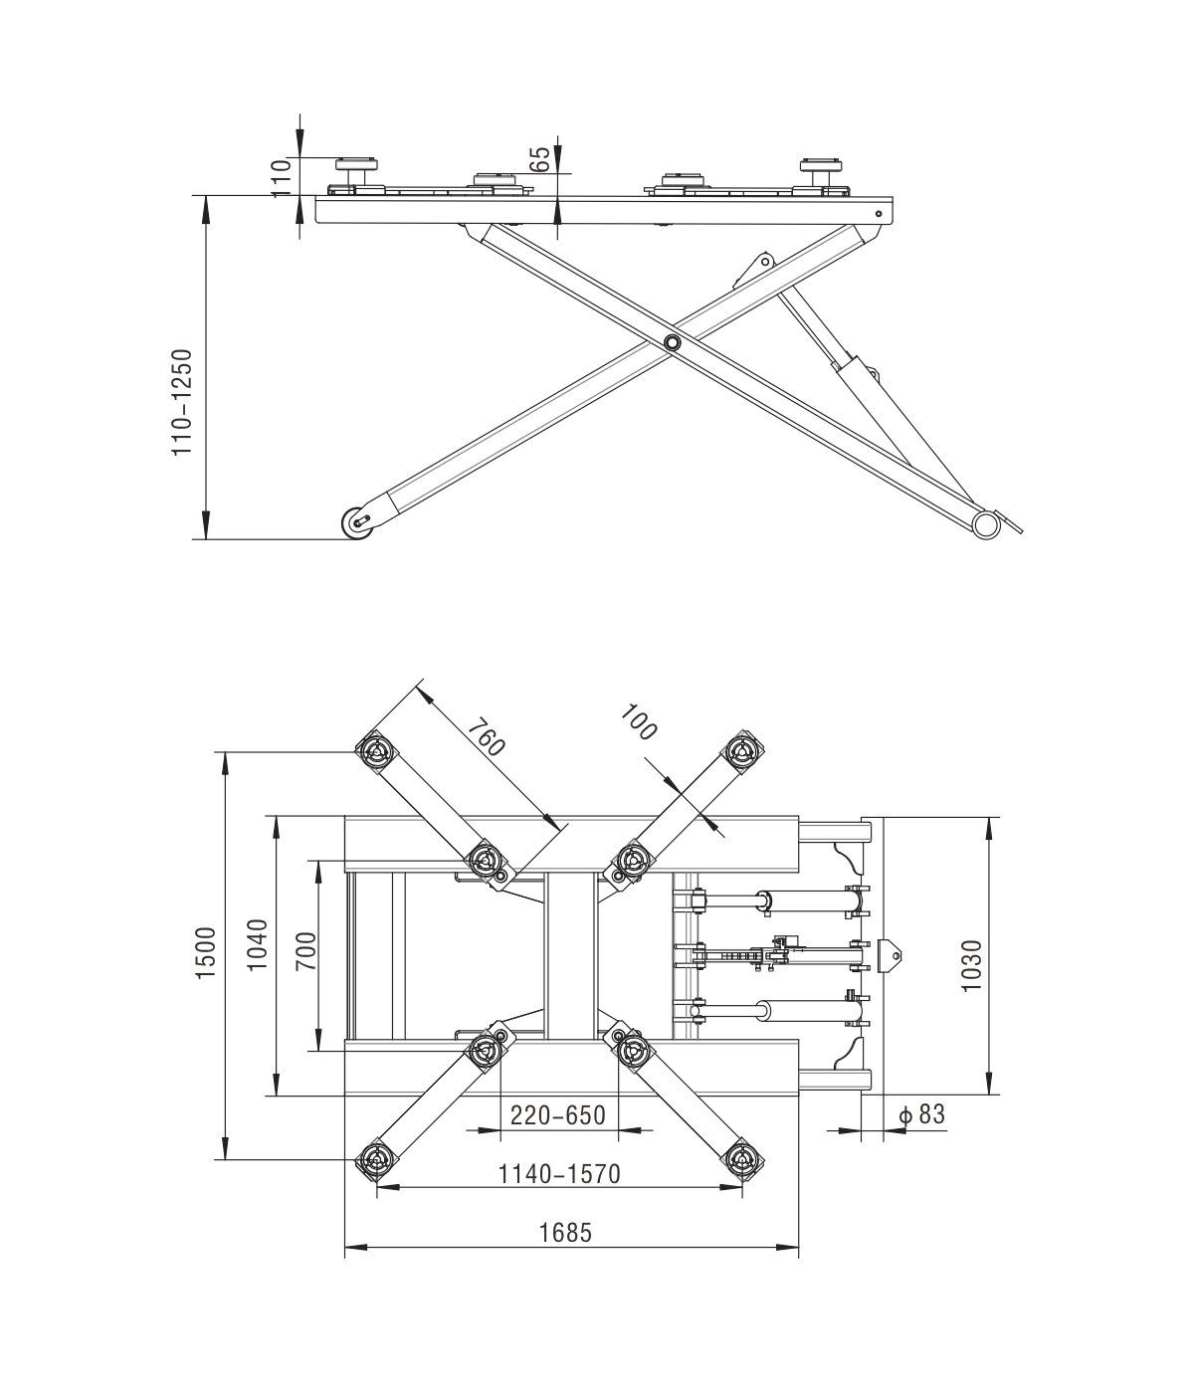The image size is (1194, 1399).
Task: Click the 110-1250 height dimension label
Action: click(x=181, y=401)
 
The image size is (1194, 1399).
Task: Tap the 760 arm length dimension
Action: click(x=487, y=736)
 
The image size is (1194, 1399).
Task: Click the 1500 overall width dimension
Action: click(x=206, y=952)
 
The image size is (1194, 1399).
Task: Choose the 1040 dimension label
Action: click(x=257, y=945)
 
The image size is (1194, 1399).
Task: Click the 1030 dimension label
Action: click(x=972, y=964)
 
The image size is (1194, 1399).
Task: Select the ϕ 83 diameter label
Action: click(x=920, y=1114)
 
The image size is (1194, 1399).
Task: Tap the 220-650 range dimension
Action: click(x=557, y=1115)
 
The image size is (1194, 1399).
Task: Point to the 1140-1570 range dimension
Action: click(x=559, y=1174)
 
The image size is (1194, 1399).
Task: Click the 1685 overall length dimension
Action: click(x=565, y=1233)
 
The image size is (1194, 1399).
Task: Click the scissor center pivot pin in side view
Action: click(x=673, y=343)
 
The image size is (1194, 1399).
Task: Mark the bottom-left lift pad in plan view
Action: click(x=375, y=1160)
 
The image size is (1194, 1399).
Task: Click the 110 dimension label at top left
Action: click(x=281, y=176)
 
